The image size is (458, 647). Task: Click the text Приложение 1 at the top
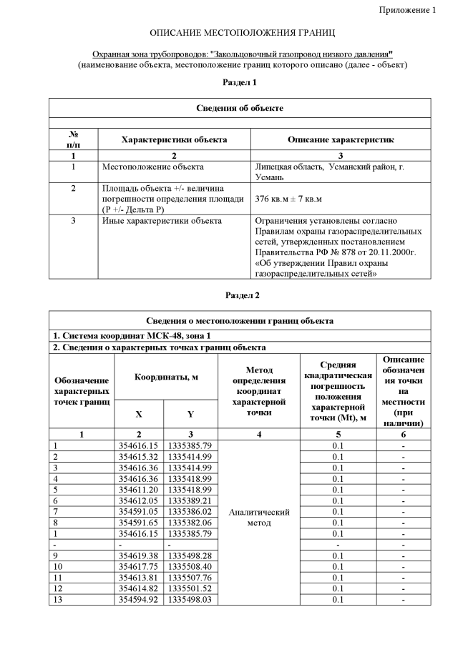406,10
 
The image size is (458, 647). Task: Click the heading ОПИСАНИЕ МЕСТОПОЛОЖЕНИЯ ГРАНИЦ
243,34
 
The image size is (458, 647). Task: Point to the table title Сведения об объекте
240,108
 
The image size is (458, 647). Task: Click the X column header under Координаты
139,413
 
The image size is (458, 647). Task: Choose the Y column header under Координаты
190,413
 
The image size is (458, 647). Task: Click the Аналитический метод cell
258,517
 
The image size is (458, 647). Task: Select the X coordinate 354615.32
139,456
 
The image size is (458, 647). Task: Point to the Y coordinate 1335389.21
190,500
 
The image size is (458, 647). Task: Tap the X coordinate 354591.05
139,511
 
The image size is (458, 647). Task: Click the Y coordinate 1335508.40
190,566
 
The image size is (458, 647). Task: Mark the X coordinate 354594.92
139,599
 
